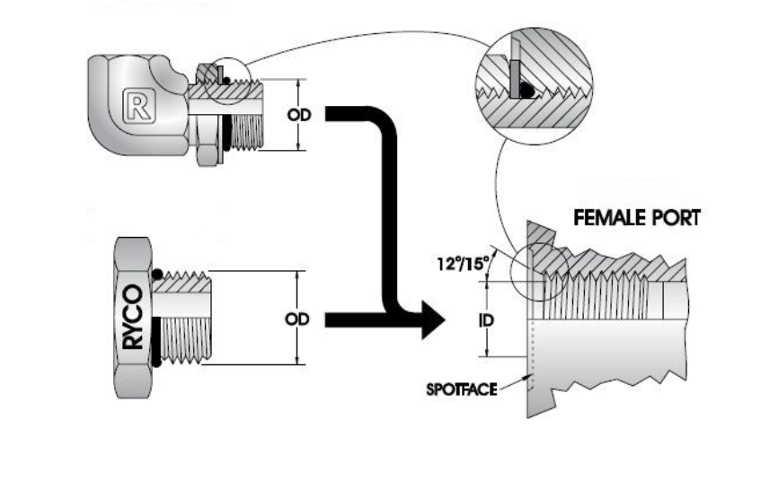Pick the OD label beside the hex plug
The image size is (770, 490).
click(x=297, y=319)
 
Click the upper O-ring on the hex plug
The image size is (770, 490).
click(x=158, y=274)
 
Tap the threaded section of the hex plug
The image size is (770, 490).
click(x=185, y=319)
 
